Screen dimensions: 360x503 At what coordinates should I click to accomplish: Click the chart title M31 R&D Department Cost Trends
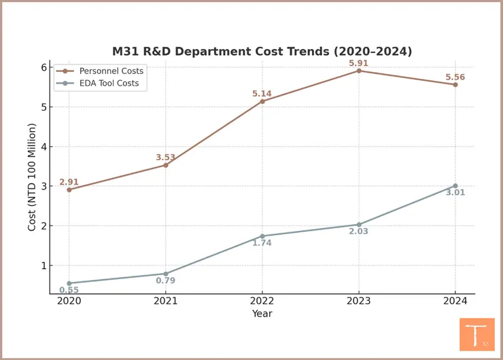(x=262, y=52)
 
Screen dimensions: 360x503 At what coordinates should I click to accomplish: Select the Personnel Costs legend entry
(x=109, y=71)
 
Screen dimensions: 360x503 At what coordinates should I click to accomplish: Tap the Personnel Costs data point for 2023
(x=359, y=71)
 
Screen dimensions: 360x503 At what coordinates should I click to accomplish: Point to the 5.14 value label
(x=262, y=94)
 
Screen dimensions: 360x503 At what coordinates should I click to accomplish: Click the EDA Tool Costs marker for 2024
(x=455, y=185)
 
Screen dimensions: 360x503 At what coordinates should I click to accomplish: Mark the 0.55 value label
(x=69, y=290)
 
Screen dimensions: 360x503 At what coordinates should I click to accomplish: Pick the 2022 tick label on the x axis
(x=262, y=301)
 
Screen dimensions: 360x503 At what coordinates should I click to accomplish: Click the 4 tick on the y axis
(x=43, y=147)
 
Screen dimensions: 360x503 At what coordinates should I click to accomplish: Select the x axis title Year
(x=262, y=314)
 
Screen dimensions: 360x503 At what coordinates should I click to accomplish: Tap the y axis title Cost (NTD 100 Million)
(x=32, y=177)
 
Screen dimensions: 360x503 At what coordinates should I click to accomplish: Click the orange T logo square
(x=476, y=334)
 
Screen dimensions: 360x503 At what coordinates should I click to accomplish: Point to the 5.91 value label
(x=359, y=63)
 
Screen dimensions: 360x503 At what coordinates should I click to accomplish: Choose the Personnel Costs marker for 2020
(x=69, y=190)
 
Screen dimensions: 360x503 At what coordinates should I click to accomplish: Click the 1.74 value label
(x=262, y=243)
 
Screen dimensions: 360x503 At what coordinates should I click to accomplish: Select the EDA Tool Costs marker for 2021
(x=166, y=274)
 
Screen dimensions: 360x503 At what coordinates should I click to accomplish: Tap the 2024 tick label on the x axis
(x=455, y=301)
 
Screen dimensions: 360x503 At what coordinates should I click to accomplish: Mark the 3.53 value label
(x=166, y=158)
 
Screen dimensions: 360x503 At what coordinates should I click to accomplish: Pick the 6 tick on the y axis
(x=43, y=67)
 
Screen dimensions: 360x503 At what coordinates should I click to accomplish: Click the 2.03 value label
(x=358, y=232)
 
